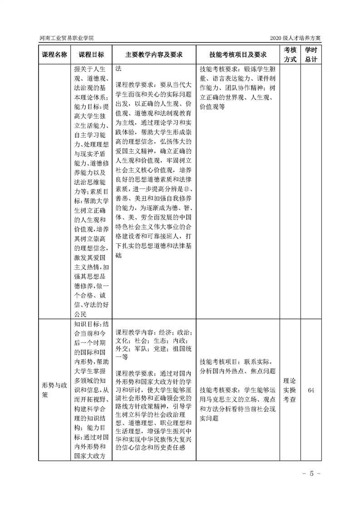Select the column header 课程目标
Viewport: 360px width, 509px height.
(91, 54)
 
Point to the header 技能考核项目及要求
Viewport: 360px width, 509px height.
(237, 54)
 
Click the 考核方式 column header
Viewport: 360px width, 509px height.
(290, 54)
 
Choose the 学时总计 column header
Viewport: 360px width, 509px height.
(311, 54)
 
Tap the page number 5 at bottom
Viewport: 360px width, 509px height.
(311, 474)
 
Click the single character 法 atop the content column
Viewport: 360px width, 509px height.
(119, 69)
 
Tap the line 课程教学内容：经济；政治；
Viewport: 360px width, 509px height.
(154, 332)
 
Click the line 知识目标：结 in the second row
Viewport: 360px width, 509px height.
(91, 324)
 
